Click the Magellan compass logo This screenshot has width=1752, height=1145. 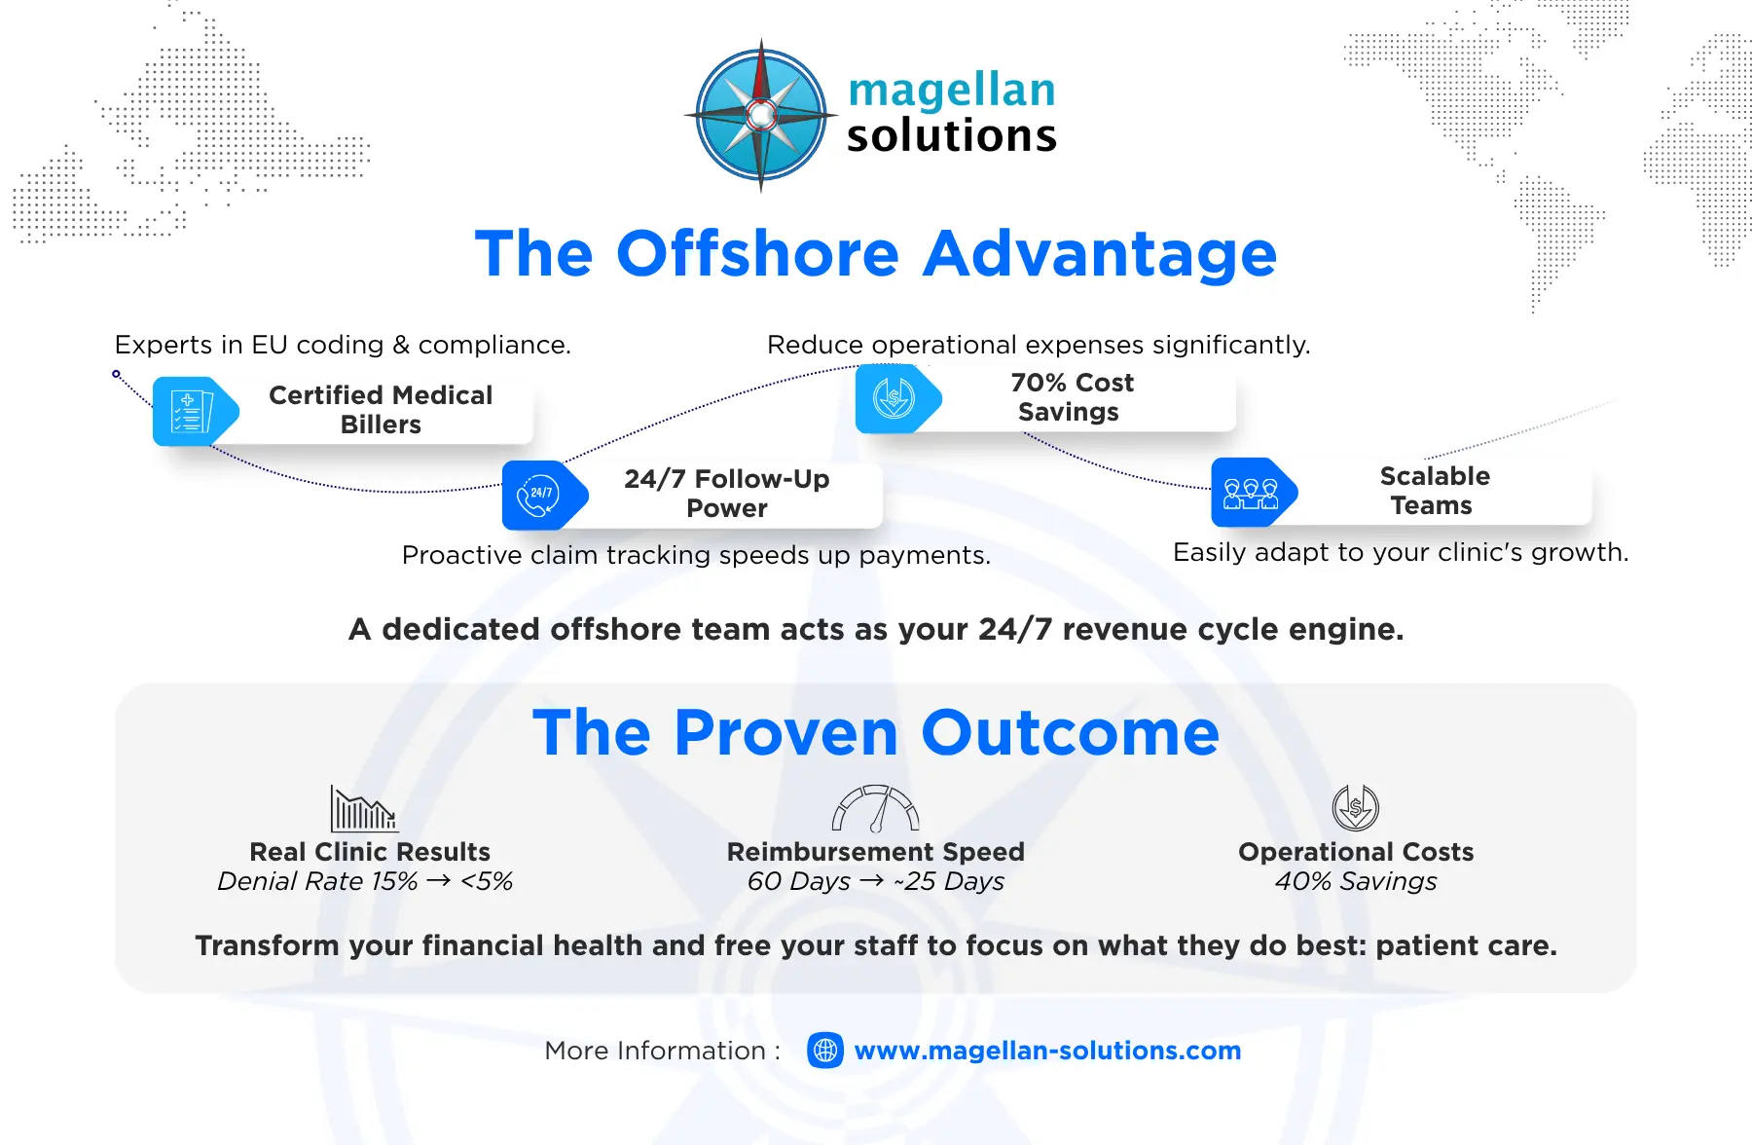(761, 115)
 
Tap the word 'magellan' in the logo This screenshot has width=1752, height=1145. (952, 92)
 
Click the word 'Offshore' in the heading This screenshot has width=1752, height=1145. (757, 254)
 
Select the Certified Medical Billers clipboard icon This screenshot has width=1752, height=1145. (192, 411)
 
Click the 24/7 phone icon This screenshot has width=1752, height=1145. (539, 495)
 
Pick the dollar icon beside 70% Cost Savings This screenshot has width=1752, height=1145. (894, 398)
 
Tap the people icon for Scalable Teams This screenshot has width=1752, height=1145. (1251, 492)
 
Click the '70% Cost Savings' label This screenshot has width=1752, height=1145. (1072, 397)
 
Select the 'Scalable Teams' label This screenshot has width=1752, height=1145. (1435, 491)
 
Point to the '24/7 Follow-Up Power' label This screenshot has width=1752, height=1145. (727, 494)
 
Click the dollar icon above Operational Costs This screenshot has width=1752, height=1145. (1356, 807)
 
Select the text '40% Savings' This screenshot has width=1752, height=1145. (1356, 881)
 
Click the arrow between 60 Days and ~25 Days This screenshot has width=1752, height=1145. (872, 881)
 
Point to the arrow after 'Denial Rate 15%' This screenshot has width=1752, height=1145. (439, 881)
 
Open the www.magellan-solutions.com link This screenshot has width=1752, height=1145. (1047, 1051)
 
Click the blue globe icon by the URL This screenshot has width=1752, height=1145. (825, 1051)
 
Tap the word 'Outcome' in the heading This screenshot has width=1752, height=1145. (1070, 733)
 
